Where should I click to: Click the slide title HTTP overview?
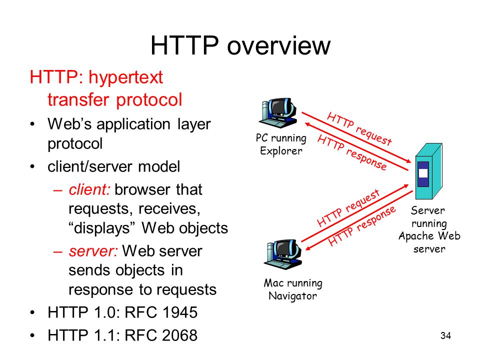240,45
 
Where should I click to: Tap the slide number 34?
445,335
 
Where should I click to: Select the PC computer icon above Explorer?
278,112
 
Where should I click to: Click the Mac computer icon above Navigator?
283,254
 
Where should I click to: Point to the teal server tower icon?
428,171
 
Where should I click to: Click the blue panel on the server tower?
423,174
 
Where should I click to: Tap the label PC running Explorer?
281,144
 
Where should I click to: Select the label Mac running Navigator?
293,289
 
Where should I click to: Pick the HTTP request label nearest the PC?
359,128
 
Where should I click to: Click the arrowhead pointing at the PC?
308,124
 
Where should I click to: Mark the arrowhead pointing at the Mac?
308,248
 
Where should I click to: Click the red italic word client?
89,189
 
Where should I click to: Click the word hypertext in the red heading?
126,77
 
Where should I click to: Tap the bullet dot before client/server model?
32,167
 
